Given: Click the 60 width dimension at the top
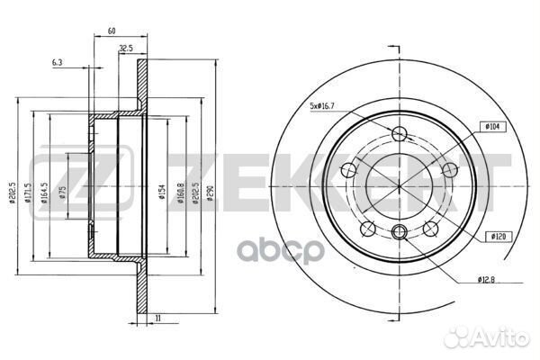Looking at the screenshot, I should (112, 31).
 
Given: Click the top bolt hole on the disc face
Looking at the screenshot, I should (400, 135).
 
